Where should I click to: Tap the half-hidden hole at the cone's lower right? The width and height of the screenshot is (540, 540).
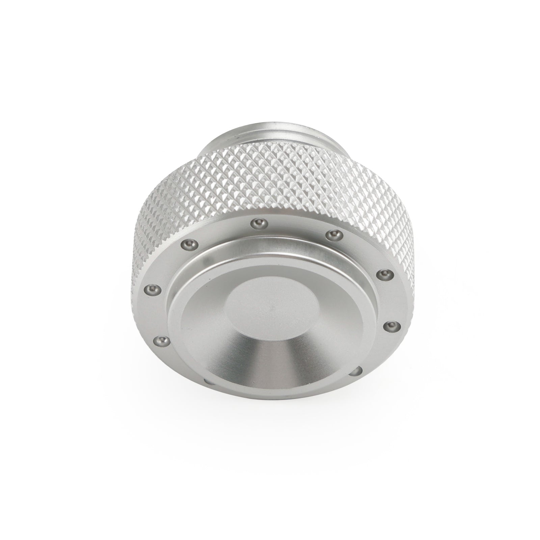pos(356,372)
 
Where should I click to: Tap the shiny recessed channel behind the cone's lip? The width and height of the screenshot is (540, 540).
pos(270,250)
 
